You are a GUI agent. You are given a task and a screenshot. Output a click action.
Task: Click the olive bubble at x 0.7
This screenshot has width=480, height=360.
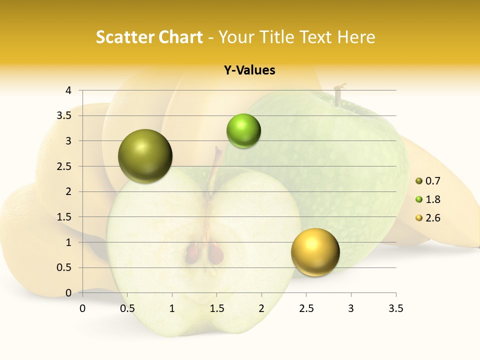[x=145, y=156]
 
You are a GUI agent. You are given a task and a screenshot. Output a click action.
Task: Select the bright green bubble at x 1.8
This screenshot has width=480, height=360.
[x=243, y=130]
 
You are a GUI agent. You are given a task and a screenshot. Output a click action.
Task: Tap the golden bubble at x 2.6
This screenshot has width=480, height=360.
[x=315, y=252]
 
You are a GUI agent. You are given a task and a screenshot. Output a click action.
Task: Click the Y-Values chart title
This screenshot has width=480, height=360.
[x=249, y=70]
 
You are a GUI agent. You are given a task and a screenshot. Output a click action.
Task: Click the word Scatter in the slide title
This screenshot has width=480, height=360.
[x=125, y=37]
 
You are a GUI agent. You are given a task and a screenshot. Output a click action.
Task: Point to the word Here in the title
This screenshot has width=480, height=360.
[x=356, y=37]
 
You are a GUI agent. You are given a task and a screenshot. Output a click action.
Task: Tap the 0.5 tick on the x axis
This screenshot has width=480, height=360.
[x=127, y=308]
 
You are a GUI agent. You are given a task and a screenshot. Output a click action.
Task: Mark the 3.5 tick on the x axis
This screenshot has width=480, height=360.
[x=395, y=308]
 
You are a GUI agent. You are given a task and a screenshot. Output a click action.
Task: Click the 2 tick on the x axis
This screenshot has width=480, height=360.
[x=261, y=308]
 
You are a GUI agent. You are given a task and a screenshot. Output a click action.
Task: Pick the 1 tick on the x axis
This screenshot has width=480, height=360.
[x=172, y=308]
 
